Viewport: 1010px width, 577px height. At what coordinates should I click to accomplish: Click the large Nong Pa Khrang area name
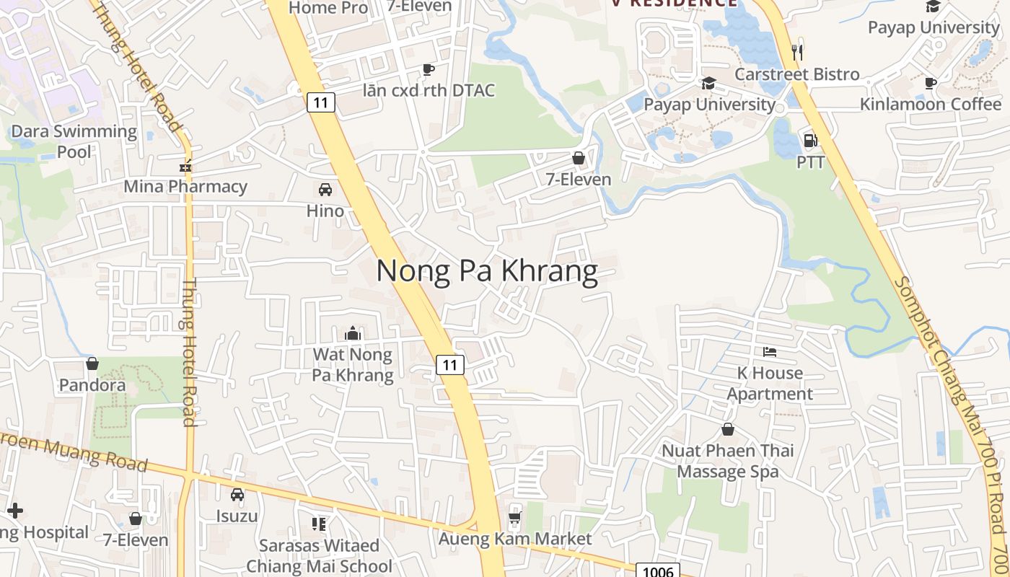tap(487, 271)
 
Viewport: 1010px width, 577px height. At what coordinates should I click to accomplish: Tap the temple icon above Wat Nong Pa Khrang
tap(353, 333)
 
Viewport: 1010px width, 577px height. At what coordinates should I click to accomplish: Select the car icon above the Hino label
tap(325, 190)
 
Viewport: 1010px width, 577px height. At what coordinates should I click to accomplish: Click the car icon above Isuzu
tap(237, 495)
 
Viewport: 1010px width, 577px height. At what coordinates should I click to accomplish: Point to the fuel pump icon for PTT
tap(810, 141)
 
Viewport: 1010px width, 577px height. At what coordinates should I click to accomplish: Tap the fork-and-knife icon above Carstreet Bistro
tap(797, 52)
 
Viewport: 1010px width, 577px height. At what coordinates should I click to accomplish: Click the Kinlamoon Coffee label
tap(931, 104)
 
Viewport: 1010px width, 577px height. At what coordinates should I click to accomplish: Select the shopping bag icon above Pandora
tap(92, 364)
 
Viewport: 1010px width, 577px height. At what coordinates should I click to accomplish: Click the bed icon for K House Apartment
tap(770, 352)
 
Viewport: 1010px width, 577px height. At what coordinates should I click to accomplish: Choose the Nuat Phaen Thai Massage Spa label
tap(728, 461)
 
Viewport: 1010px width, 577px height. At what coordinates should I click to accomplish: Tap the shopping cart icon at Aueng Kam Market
tap(514, 517)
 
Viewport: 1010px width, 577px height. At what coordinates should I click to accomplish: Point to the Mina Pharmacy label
tap(185, 187)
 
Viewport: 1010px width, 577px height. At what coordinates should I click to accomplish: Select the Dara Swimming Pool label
tap(74, 141)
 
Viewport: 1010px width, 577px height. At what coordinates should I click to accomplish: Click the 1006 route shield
tap(658, 571)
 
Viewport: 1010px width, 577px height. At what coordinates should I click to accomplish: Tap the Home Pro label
tap(328, 8)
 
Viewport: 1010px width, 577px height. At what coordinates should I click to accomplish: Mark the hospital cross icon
tap(14, 511)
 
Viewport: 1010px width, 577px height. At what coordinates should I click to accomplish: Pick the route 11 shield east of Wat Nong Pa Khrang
tap(450, 365)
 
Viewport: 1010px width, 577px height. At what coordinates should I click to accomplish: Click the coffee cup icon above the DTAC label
tap(429, 69)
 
